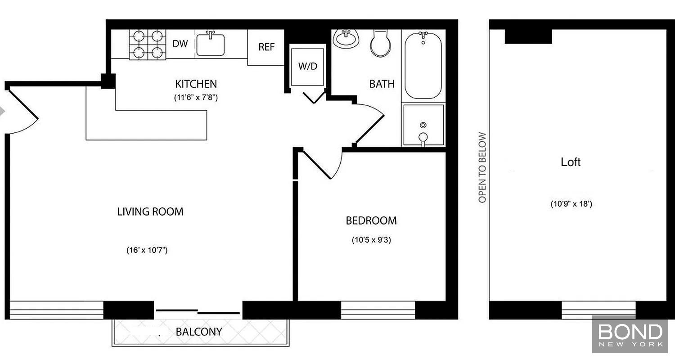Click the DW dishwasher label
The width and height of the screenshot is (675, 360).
(180, 44)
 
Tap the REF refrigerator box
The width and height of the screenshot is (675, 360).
(266, 47)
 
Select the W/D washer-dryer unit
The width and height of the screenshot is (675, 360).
(307, 67)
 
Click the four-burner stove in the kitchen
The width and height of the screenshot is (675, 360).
(148, 45)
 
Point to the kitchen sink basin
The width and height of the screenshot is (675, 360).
(210, 45)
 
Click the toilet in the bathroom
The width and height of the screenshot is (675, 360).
(381, 43)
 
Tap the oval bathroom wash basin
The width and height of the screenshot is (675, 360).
(346, 39)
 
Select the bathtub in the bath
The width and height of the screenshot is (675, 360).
(423, 65)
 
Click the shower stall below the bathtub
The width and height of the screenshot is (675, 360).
(423, 125)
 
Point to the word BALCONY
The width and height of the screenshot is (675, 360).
(199, 332)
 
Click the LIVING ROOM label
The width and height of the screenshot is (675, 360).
(150, 212)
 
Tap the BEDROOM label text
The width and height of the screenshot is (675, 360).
(371, 221)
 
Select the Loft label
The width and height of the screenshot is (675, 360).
(571, 162)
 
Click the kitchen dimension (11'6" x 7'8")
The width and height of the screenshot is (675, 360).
(196, 98)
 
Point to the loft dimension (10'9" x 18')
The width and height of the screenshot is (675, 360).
(571, 204)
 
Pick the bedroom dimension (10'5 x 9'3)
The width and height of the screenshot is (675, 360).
(371, 240)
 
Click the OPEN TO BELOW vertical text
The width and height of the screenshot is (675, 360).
(482, 167)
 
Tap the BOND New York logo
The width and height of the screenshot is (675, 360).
(630, 334)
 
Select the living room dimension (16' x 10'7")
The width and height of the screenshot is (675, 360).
(147, 250)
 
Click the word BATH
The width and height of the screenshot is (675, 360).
(382, 84)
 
